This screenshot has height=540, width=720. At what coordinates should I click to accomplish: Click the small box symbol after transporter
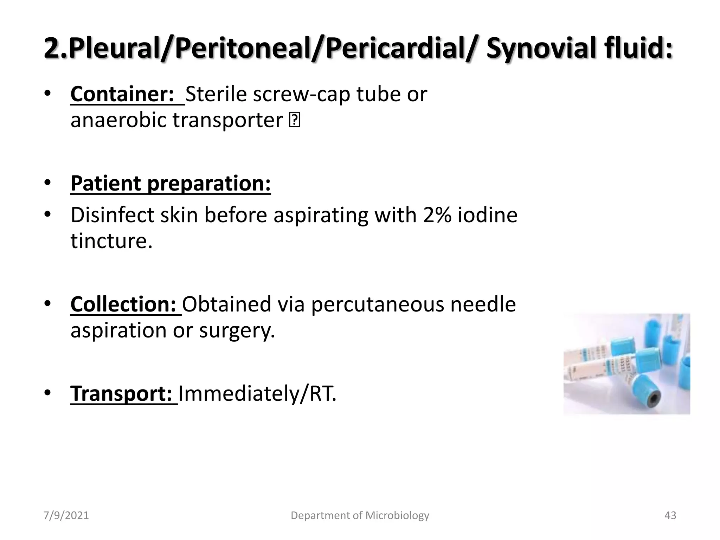point(294,121)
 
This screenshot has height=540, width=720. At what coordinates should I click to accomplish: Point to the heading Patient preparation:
point(171,184)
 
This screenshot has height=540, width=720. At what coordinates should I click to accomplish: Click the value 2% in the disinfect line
point(437,215)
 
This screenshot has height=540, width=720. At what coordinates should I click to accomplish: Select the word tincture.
point(111,241)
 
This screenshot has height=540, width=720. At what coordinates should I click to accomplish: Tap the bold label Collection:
point(123,304)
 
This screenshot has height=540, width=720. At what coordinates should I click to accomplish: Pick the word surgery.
point(237,330)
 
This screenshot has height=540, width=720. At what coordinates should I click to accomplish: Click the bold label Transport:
point(121,393)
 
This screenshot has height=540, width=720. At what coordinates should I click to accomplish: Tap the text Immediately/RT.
point(257,393)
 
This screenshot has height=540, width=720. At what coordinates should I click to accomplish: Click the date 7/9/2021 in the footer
point(66,515)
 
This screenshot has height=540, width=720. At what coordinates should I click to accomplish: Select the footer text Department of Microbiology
point(360,515)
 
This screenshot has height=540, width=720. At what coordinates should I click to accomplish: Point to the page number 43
point(670,515)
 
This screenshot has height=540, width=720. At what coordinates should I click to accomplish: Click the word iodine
point(487,215)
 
